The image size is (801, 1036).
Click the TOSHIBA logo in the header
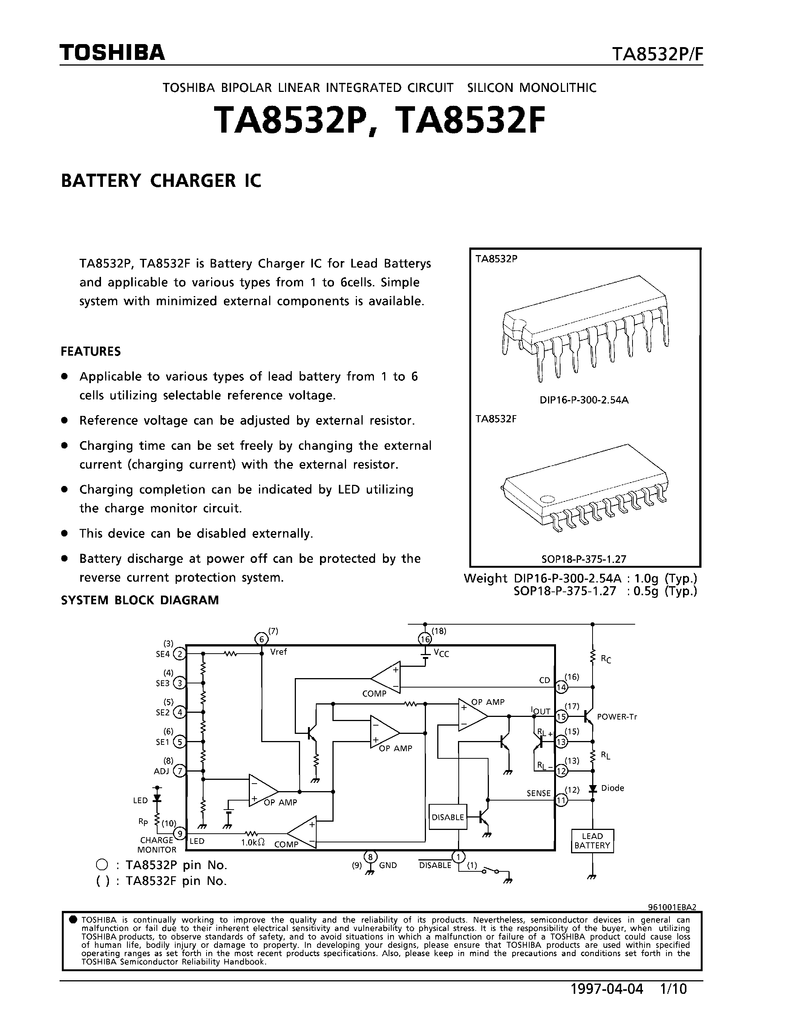pos(112,53)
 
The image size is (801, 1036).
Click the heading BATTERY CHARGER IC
pos(161,181)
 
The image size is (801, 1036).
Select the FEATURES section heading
pos(90,351)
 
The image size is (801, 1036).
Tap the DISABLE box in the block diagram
pos(447,817)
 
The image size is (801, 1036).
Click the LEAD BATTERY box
pos(592,840)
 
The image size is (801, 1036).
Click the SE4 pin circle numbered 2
pos(179,654)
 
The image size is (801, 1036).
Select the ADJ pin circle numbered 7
pos(179,771)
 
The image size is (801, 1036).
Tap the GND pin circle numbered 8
pos(370,857)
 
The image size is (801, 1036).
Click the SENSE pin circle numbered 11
pos(561,800)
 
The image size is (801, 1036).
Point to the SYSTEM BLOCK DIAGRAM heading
pos(140,600)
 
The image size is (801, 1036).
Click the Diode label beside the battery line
pos(612,788)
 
